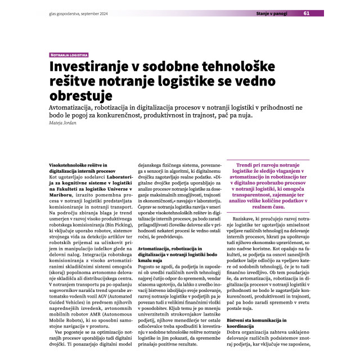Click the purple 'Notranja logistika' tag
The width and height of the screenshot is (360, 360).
(69, 56)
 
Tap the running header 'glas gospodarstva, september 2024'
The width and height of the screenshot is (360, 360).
(77, 13)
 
